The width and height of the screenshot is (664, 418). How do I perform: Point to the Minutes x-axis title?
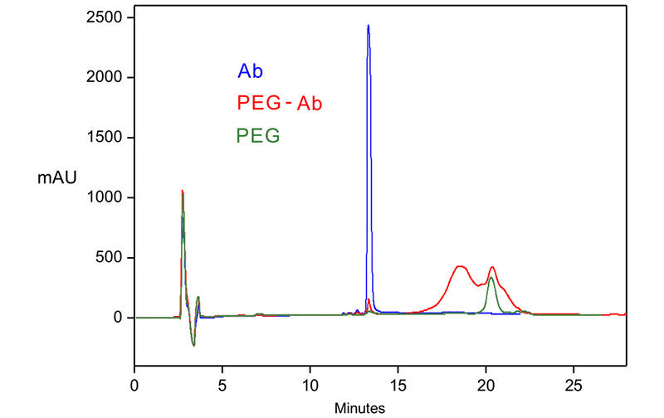(360, 408)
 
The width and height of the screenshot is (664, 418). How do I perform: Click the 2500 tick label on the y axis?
(108, 17)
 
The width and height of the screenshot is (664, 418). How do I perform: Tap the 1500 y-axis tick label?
(108, 138)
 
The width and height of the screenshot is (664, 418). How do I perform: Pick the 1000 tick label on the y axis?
(108, 197)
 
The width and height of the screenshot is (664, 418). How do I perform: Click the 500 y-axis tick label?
(112, 257)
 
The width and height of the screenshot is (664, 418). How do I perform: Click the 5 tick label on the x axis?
(222, 386)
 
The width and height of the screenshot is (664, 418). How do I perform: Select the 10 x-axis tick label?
(310, 386)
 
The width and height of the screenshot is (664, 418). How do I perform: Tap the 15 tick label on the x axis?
(398, 386)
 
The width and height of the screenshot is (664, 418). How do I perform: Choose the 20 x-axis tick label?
(486, 386)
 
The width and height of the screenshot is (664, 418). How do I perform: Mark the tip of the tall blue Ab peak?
(368, 26)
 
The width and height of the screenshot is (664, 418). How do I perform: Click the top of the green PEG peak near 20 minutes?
(491, 278)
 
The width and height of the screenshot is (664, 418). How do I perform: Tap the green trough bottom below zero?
(193, 345)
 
